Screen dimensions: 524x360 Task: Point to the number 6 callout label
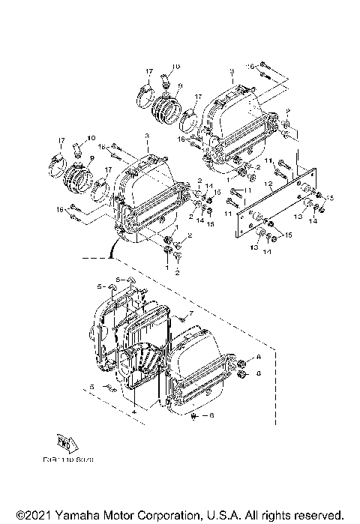point(212,415)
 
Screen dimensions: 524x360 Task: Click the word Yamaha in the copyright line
point(70,516)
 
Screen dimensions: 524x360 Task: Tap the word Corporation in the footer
point(162,516)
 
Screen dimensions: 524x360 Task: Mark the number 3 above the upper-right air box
point(232,70)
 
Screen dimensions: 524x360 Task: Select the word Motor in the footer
point(109,516)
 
